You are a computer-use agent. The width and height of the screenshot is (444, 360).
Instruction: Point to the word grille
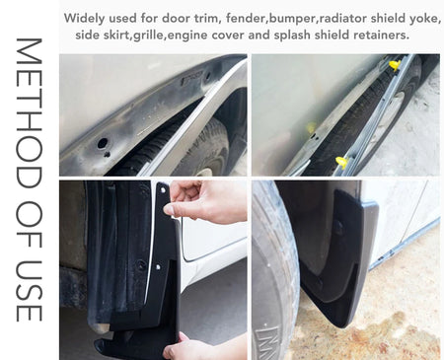150,36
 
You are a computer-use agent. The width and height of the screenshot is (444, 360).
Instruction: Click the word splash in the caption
292,36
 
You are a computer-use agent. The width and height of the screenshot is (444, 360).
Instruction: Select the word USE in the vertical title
29,290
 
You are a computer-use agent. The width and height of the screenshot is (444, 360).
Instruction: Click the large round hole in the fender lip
103,143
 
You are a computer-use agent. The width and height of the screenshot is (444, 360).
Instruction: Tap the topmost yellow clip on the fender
395,65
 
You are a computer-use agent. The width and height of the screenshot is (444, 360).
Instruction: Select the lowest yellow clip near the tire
342,162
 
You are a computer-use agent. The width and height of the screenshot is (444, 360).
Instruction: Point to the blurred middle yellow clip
311,127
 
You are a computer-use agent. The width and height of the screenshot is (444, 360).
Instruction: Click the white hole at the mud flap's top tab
163,190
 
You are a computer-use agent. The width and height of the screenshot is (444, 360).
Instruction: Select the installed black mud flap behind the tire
338,256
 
